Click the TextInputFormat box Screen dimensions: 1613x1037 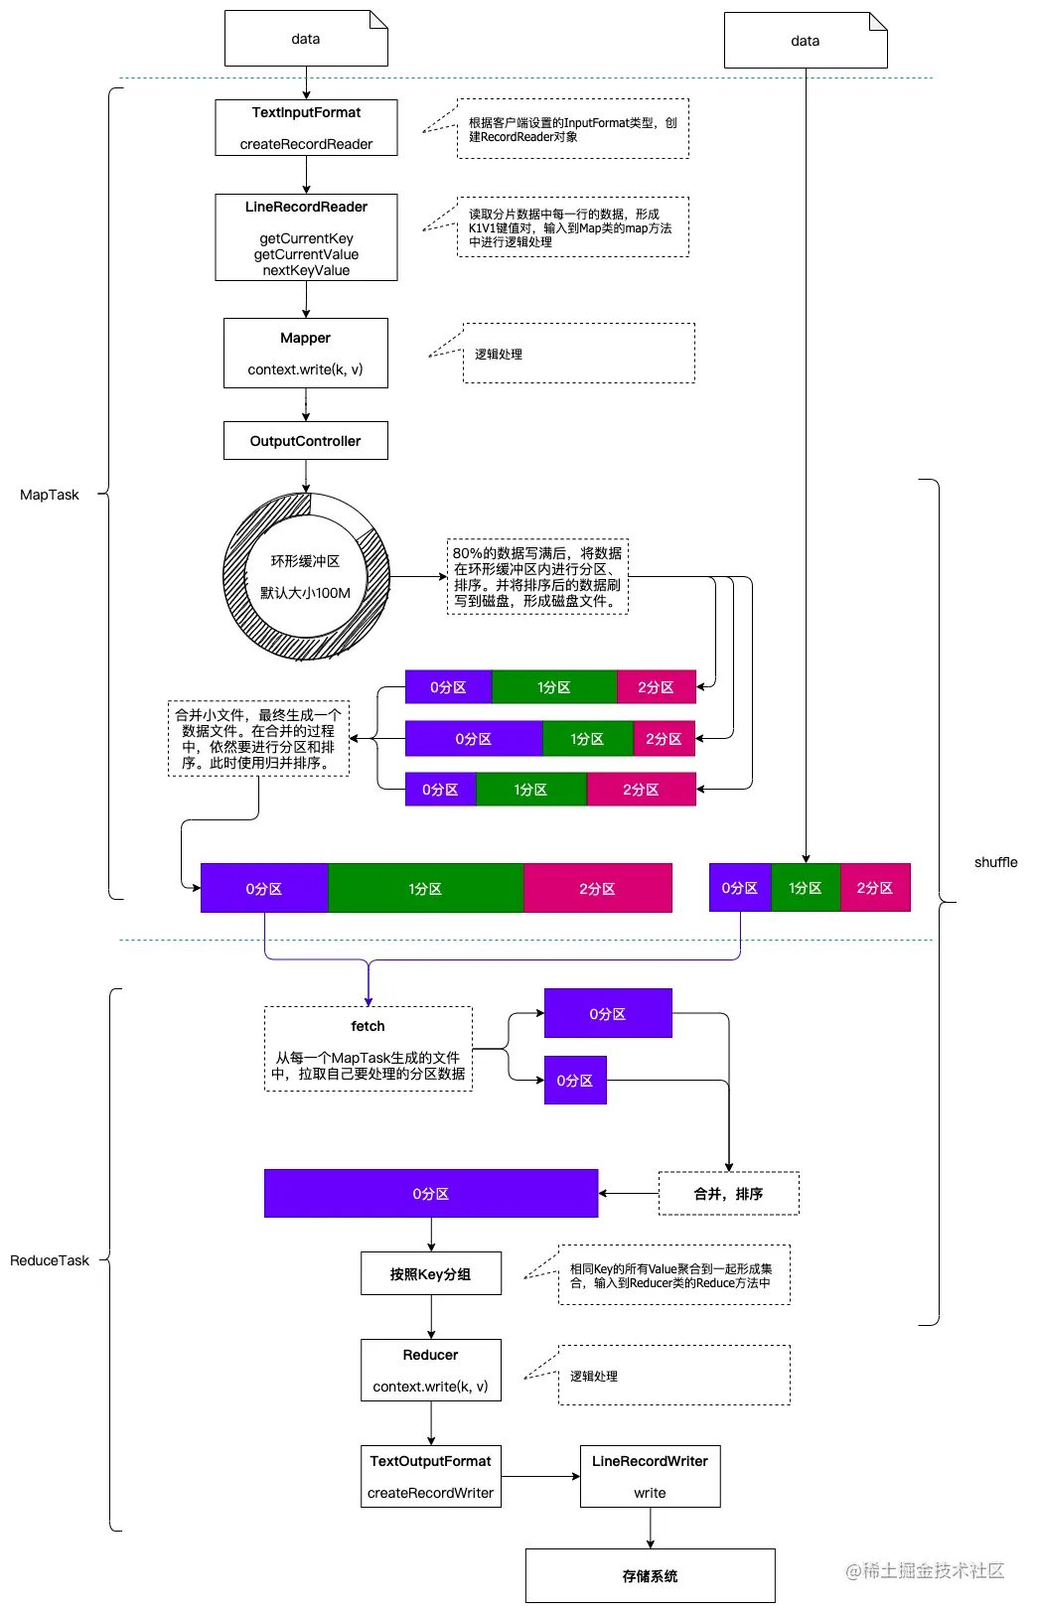coord(306,127)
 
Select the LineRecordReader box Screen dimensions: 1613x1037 coord(306,237)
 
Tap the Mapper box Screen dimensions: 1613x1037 coord(306,353)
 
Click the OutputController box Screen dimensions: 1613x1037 coord(306,441)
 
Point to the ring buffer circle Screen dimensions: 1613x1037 coord(306,577)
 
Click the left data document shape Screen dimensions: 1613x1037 coord(306,39)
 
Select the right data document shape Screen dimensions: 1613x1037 coord(806,41)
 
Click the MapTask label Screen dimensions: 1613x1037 coord(50,495)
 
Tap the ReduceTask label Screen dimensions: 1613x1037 coord(50,1260)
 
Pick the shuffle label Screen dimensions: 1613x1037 coord(995,862)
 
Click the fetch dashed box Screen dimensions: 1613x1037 coord(369,1049)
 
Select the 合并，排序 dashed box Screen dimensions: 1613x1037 coord(728,1194)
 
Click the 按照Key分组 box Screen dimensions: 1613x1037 coord(431,1273)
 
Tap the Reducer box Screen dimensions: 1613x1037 coord(431,1370)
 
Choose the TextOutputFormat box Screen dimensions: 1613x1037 coord(431,1476)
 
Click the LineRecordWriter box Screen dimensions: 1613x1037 coord(650,1476)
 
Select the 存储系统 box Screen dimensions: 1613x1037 coord(650,1575)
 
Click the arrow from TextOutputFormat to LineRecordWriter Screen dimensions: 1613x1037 coord(540,1476)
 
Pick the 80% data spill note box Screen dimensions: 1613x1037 coord(537,577)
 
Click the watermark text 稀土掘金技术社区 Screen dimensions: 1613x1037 coord(925,1570)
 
